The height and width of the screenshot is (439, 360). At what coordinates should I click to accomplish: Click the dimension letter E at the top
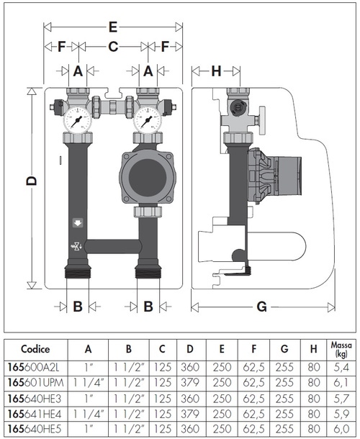pos(112,27)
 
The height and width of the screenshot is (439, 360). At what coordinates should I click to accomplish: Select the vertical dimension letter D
pos(30,183)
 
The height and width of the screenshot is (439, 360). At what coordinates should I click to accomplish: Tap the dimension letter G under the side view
pos(262,307)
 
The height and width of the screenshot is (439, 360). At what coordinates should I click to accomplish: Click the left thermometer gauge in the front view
pos(76,117)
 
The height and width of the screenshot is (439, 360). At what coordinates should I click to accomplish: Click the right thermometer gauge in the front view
pos(148,117)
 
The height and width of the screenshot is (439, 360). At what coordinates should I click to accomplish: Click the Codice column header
pos(35,349)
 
